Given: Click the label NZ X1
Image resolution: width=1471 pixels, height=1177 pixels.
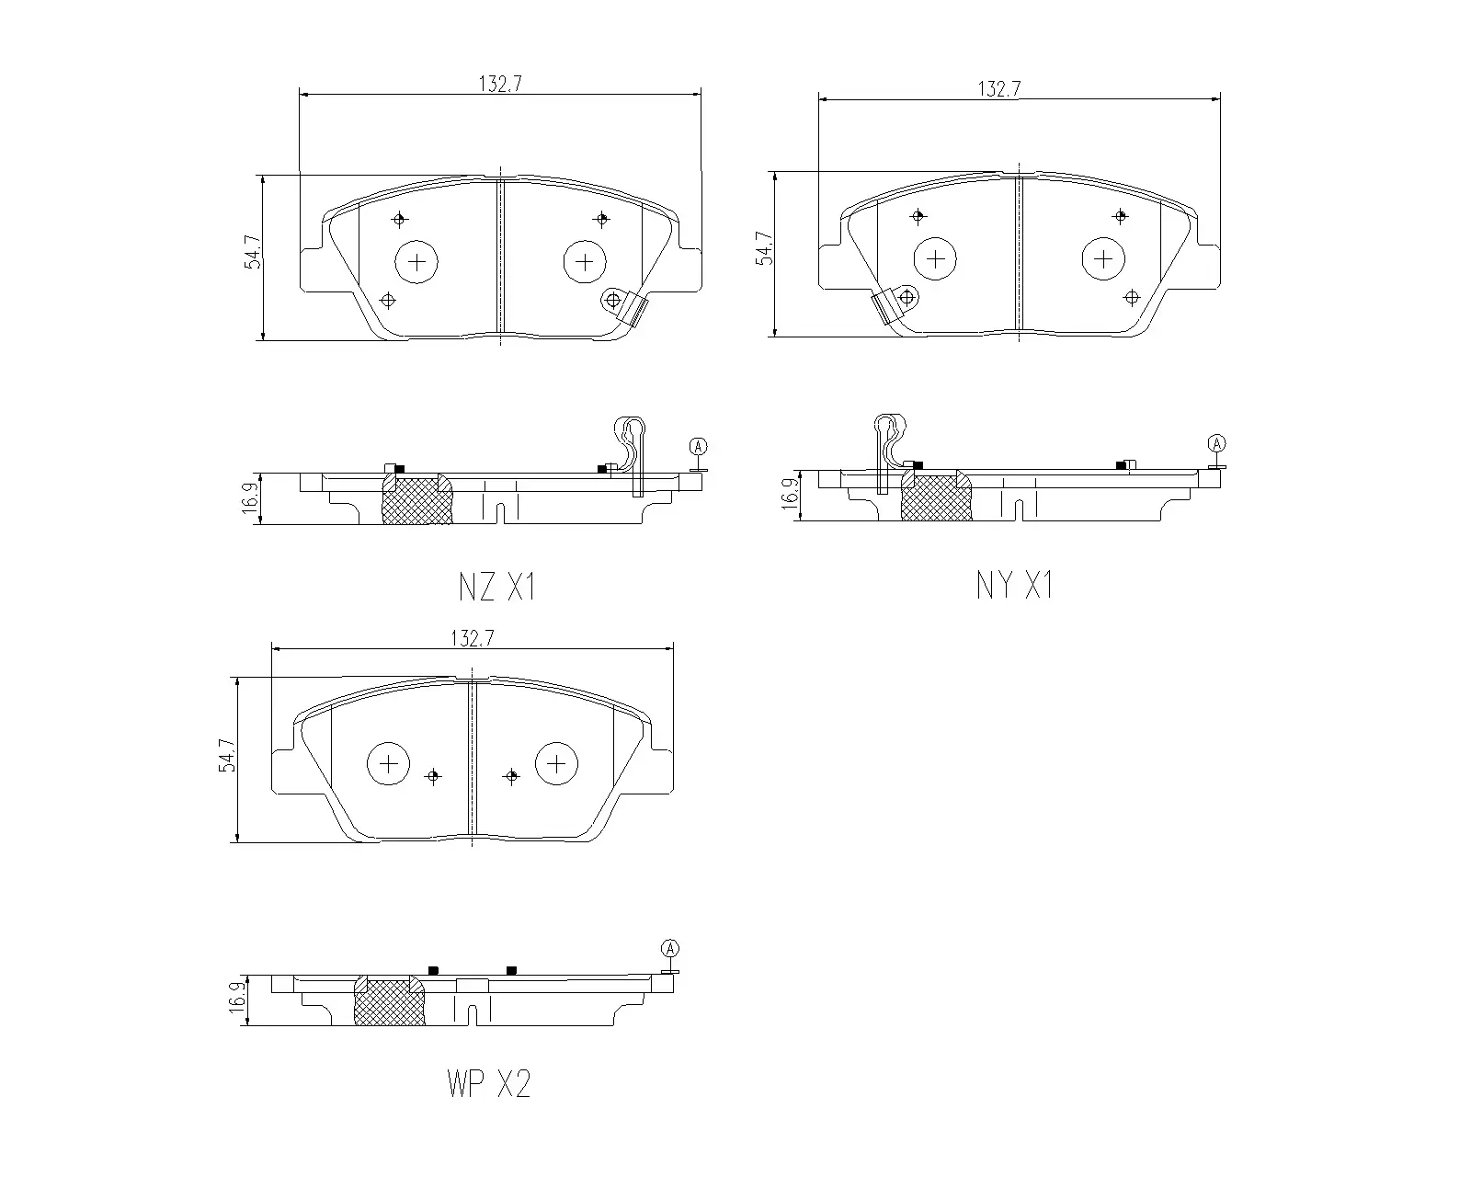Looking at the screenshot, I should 496,587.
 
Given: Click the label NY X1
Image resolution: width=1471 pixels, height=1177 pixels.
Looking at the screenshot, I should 1014,585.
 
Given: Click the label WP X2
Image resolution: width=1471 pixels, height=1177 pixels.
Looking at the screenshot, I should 488,1085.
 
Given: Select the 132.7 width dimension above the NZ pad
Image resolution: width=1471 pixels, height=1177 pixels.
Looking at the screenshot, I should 499,84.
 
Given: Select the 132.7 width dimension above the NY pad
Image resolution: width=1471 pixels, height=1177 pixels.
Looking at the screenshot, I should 999,88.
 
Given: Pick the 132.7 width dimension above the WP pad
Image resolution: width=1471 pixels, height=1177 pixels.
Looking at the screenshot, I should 472,639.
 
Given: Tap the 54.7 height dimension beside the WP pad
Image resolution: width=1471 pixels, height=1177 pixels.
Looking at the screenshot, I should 226,756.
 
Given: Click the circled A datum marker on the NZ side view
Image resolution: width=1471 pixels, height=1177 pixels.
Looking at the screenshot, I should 698,447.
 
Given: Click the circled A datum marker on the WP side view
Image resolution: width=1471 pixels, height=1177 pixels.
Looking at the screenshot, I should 670,948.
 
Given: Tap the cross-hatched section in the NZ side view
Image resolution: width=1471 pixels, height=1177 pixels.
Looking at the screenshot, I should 416,501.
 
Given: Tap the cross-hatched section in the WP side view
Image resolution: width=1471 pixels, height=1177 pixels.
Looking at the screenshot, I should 389,1002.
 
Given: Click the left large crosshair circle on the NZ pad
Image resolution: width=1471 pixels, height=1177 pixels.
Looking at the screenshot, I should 416,263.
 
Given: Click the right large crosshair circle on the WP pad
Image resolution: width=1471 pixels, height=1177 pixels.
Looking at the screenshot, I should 556,763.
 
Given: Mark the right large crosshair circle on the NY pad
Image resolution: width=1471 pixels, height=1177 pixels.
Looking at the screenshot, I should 1103,258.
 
